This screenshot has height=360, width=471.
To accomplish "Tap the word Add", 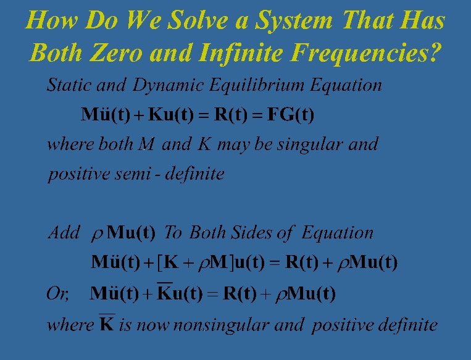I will [64, 233].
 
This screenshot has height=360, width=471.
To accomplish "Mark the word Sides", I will [249, 233].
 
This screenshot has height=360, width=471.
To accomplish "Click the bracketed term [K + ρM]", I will [196, 262].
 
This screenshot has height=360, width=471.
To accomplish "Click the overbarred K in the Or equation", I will [165, 293].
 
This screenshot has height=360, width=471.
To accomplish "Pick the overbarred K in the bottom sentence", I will [107, 324].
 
